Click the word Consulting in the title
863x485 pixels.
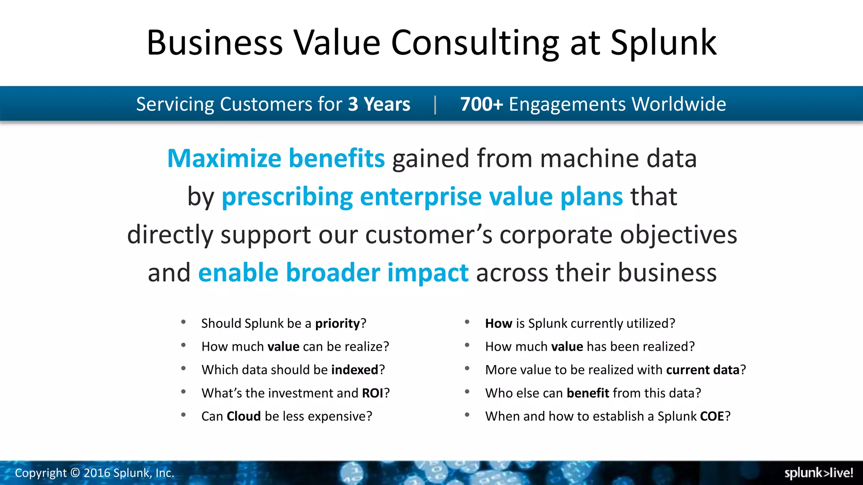475,43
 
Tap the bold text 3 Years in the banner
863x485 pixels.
379,104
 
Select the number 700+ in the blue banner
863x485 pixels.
481,104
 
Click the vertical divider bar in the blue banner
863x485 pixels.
435,104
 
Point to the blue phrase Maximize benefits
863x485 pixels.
276,158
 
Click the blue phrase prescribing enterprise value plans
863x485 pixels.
422,197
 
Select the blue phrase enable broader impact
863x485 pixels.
333,272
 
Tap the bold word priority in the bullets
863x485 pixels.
338,323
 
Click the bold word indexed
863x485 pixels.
355,370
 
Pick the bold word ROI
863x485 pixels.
373,393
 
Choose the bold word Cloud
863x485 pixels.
244,416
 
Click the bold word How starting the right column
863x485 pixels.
499,323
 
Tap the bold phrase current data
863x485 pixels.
702,370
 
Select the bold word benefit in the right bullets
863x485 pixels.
588,393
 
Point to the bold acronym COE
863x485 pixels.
712,416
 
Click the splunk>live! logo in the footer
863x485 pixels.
818,473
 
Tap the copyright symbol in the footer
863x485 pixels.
75,473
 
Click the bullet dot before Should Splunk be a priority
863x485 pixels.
183,322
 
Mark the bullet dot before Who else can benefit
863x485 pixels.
467,392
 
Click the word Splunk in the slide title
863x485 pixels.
663,43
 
